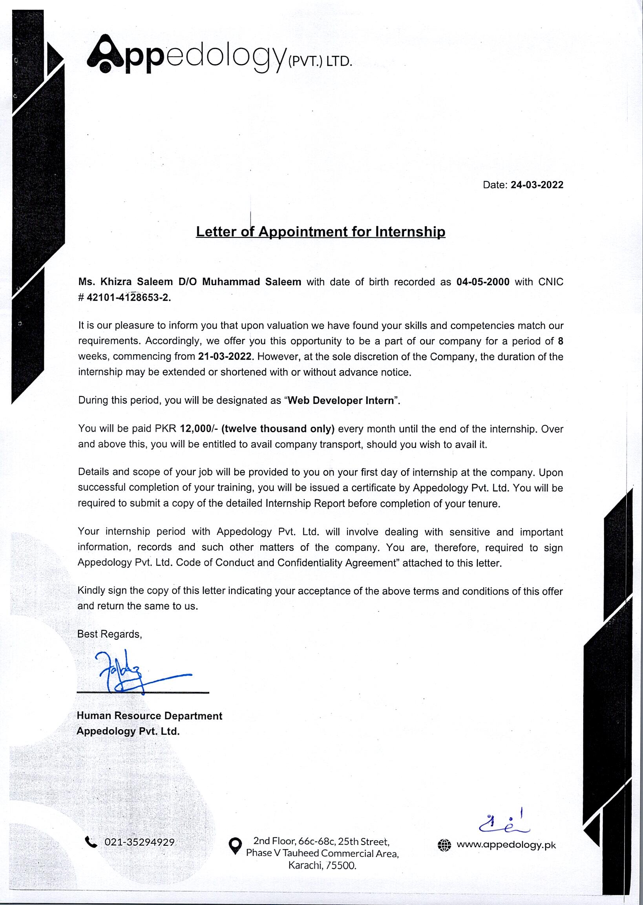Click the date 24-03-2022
point(537,185)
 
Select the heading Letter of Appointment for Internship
point(320,232)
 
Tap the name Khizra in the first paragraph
point(116,282)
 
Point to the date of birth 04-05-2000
point(483,282)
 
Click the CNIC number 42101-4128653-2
point(129,298)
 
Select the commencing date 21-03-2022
point(225,356)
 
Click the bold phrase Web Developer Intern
point(341,400)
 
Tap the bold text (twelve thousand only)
point(278,429)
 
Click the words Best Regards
point(109,634)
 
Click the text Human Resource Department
point(149,715)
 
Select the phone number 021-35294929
point(139,842)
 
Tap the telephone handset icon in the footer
point(91,842)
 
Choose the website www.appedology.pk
point(506,845)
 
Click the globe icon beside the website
point(444,845)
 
